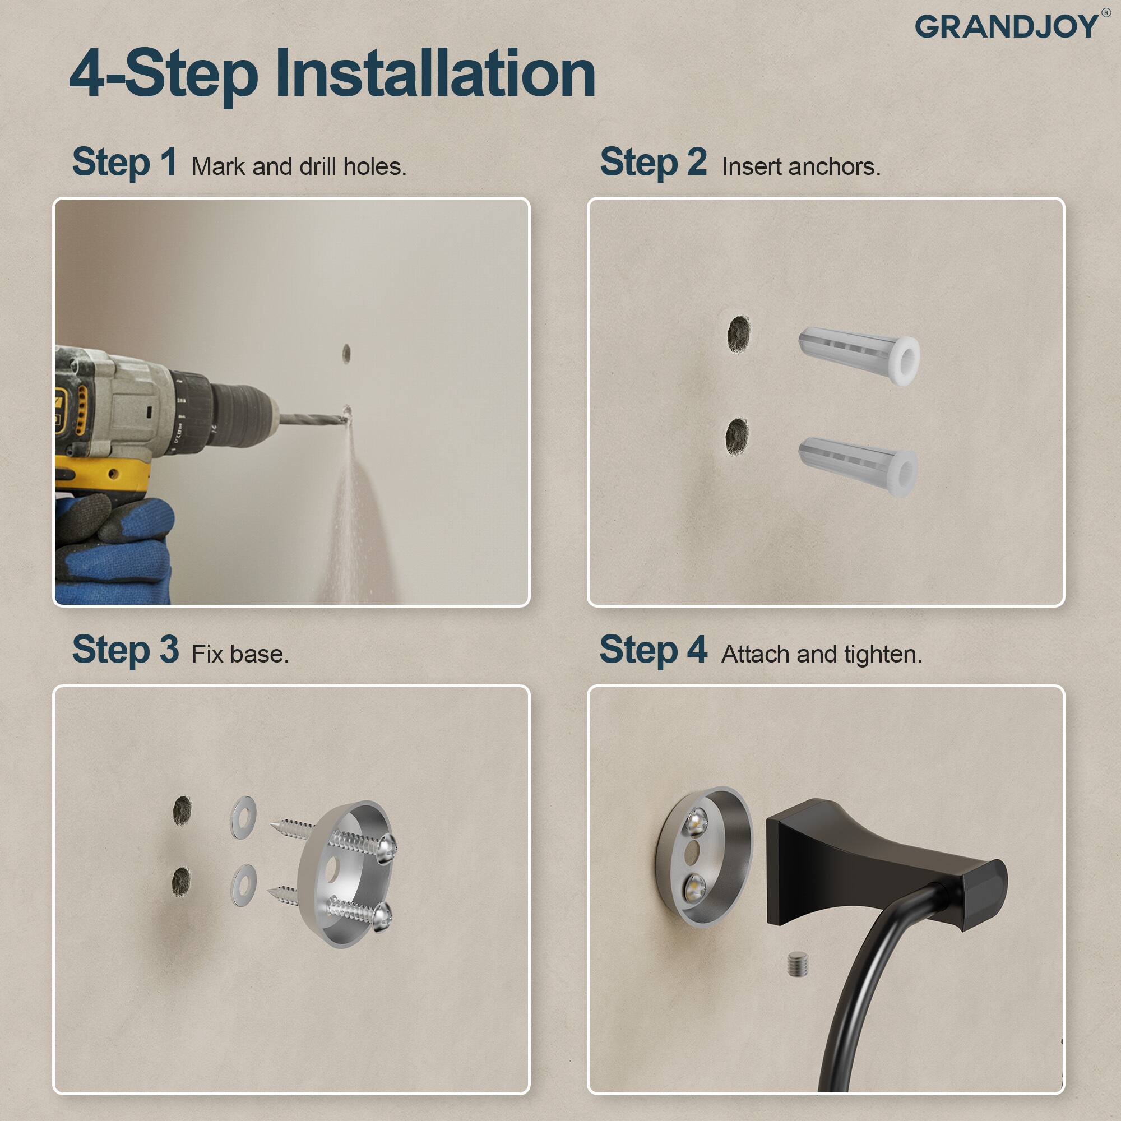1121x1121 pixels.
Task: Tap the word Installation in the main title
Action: point(435,75)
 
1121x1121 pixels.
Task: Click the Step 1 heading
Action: point(125,162)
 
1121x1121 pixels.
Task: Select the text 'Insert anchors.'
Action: point(801,167)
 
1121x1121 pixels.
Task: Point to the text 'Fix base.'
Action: point(240,655)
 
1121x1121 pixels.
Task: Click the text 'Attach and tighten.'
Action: point(821,655)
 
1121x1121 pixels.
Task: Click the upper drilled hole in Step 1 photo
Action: point(346,353)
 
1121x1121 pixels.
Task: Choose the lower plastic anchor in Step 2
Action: point(858,466)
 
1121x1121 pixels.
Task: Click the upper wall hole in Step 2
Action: point(739,334)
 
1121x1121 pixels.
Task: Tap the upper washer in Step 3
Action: point(244,817)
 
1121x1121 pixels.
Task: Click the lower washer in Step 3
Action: point(244,886)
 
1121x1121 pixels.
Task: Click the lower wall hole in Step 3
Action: point(181,882)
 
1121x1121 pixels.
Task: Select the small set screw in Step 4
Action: point(798,963)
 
